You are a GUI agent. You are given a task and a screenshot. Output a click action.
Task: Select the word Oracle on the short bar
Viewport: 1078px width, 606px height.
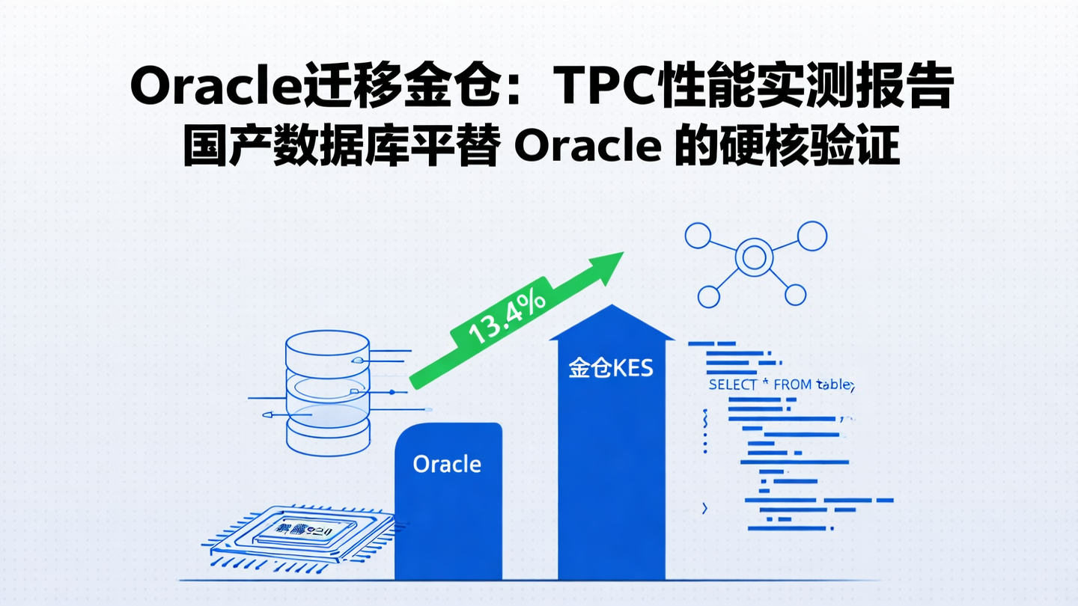pos(447,464)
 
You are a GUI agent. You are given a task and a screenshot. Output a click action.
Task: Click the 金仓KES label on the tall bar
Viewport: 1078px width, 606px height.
pos(611,368)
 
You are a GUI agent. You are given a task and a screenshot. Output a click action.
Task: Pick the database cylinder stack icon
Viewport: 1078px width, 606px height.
pos(327,393)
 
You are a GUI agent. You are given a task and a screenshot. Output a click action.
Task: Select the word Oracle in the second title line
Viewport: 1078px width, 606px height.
pos(588,147)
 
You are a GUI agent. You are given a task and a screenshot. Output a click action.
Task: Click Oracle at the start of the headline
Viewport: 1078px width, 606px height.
pos(216,88)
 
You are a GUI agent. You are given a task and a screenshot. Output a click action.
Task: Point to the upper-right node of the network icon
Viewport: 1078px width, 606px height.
pos(811,236)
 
